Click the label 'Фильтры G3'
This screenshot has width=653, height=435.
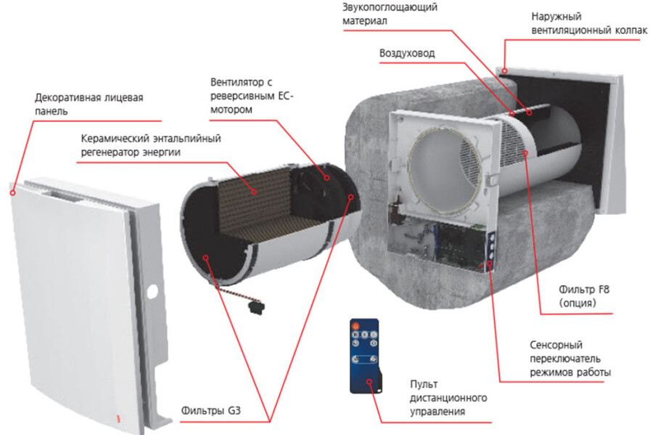(x=210, y=410)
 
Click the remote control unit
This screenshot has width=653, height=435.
(x=367, y=356)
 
